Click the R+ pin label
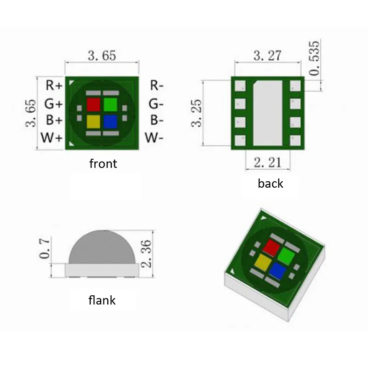(x=53, y=86)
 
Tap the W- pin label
(x=154, y=138)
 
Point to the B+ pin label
(x=54, y=120)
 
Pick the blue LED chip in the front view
(x=110, y=121)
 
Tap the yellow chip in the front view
(x=93, y=121)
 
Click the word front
(x=103, y=164)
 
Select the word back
(x=270, y=184)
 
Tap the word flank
(x=102, y=301)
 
